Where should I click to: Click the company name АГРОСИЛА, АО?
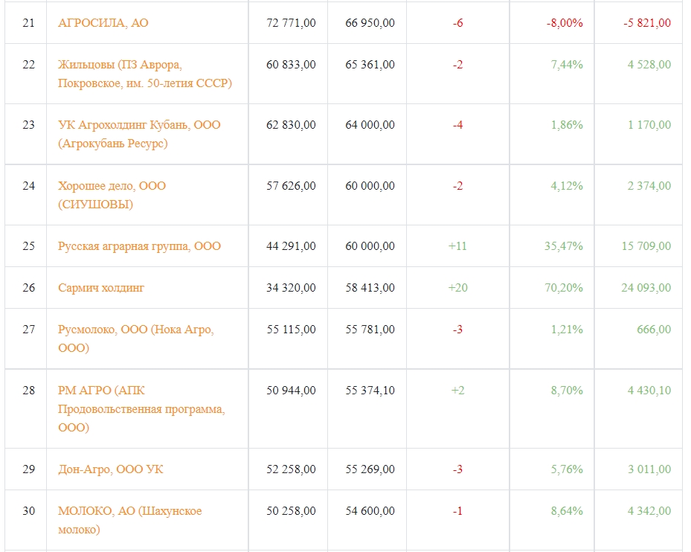[x=103, y=23]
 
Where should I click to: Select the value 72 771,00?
[x=291, y=23]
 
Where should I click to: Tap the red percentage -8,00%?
[x=565, y=23]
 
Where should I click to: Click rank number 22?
[x=29, y=65]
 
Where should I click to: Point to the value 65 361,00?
[x=370, y=65]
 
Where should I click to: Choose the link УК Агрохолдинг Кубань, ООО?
[x=139, y=125]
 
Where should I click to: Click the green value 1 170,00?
[x=649, y=125]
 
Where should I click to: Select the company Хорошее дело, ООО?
[x=112, y=186]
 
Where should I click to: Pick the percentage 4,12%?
[x=567, y=186]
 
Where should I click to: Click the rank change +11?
[x=457, y=246]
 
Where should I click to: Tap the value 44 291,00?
[x=291, y=246]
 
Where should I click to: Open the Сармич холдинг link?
[x=101, y=288]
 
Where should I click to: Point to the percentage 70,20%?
[x=564, y=288]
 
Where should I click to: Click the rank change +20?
[x=458, y=288]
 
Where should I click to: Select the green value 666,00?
[x=654, y=330]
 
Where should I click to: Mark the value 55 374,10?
[x=370, y=390]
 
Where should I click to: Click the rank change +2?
[x=458, y=390]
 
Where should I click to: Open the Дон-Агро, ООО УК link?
[x=111, y=469]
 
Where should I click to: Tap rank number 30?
[x=29, y=510]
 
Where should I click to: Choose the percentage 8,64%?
[x=567, y=510]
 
